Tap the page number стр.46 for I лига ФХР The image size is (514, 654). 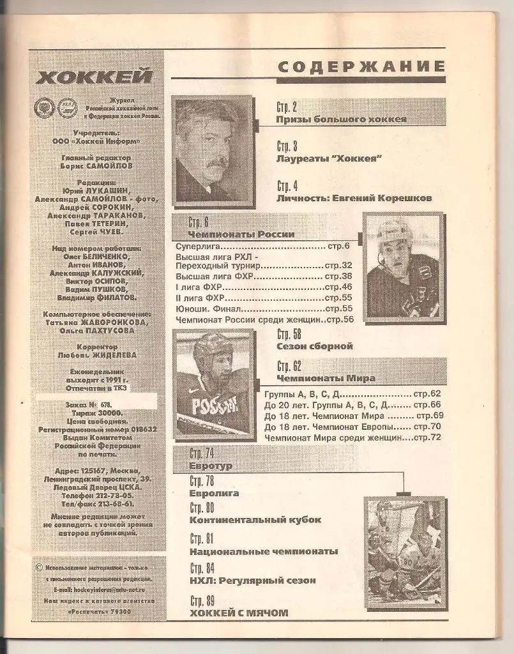click(339, 287)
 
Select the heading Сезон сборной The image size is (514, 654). click(315, 346)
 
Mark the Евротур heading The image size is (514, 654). click(211, 466)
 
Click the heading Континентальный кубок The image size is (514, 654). click(255, 520)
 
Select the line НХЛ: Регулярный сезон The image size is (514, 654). click(253, 581)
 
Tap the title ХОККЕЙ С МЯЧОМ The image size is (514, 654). click(239, 613)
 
